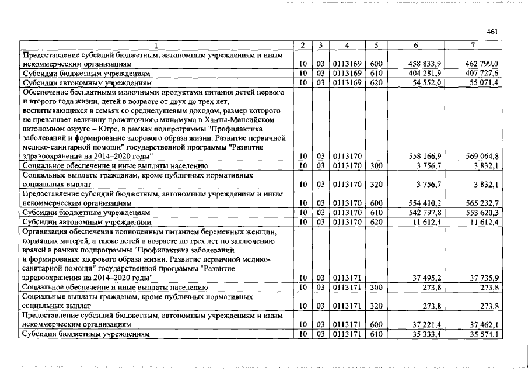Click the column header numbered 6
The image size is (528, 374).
[415, 44]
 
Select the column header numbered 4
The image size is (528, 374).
[347, 44]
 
